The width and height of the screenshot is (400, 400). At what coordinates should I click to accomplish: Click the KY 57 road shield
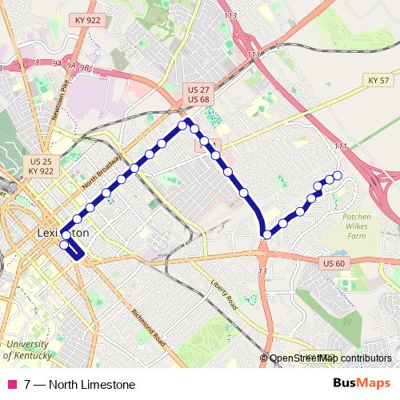tap(378, 81)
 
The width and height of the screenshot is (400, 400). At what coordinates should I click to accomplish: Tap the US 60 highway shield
tap(334, 263)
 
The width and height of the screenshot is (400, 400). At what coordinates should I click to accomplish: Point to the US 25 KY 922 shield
tap(40, 166)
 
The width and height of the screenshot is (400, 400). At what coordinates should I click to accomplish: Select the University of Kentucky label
tap(28, 349)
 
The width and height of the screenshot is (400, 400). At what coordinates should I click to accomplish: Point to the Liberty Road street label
tap(225, 294)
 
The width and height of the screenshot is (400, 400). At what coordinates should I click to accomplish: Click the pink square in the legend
tap(11, 385)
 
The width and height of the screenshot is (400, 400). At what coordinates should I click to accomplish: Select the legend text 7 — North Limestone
tap(79, 385)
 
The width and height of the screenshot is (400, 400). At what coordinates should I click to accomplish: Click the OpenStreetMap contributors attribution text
tap(330, 358)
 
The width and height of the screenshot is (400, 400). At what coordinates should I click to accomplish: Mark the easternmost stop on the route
tap(337, 175)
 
